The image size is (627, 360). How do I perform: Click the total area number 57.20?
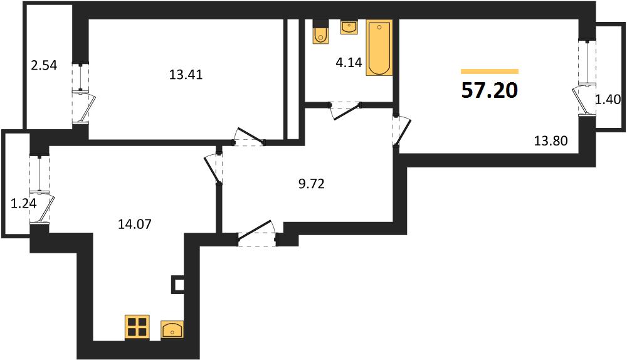tap(490, 90)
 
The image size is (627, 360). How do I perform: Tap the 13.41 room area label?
tap(186, 75)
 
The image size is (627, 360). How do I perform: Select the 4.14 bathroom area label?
tap(349, 62)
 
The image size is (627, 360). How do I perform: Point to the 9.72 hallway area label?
tap(311, 184)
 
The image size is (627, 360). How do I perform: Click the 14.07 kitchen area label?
tap(135, 224)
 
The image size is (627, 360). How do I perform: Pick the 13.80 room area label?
tap(551, 140)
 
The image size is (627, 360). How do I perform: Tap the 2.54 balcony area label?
tap(44, 65)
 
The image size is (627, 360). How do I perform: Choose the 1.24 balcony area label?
tap(24, 204)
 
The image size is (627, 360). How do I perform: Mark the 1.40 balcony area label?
tap(608, 99)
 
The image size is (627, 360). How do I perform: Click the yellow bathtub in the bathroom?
tap(379, 48)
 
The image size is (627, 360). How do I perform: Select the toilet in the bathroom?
tap(320, 31)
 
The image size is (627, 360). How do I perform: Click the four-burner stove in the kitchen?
tap(137, 327)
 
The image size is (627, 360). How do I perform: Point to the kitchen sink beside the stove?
tap(172, 330)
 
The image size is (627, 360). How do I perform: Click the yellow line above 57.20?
tap(490, 71)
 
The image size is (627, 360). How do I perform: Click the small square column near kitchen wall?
tap(178, 285)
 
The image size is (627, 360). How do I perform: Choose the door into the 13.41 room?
tap(250, 137)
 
